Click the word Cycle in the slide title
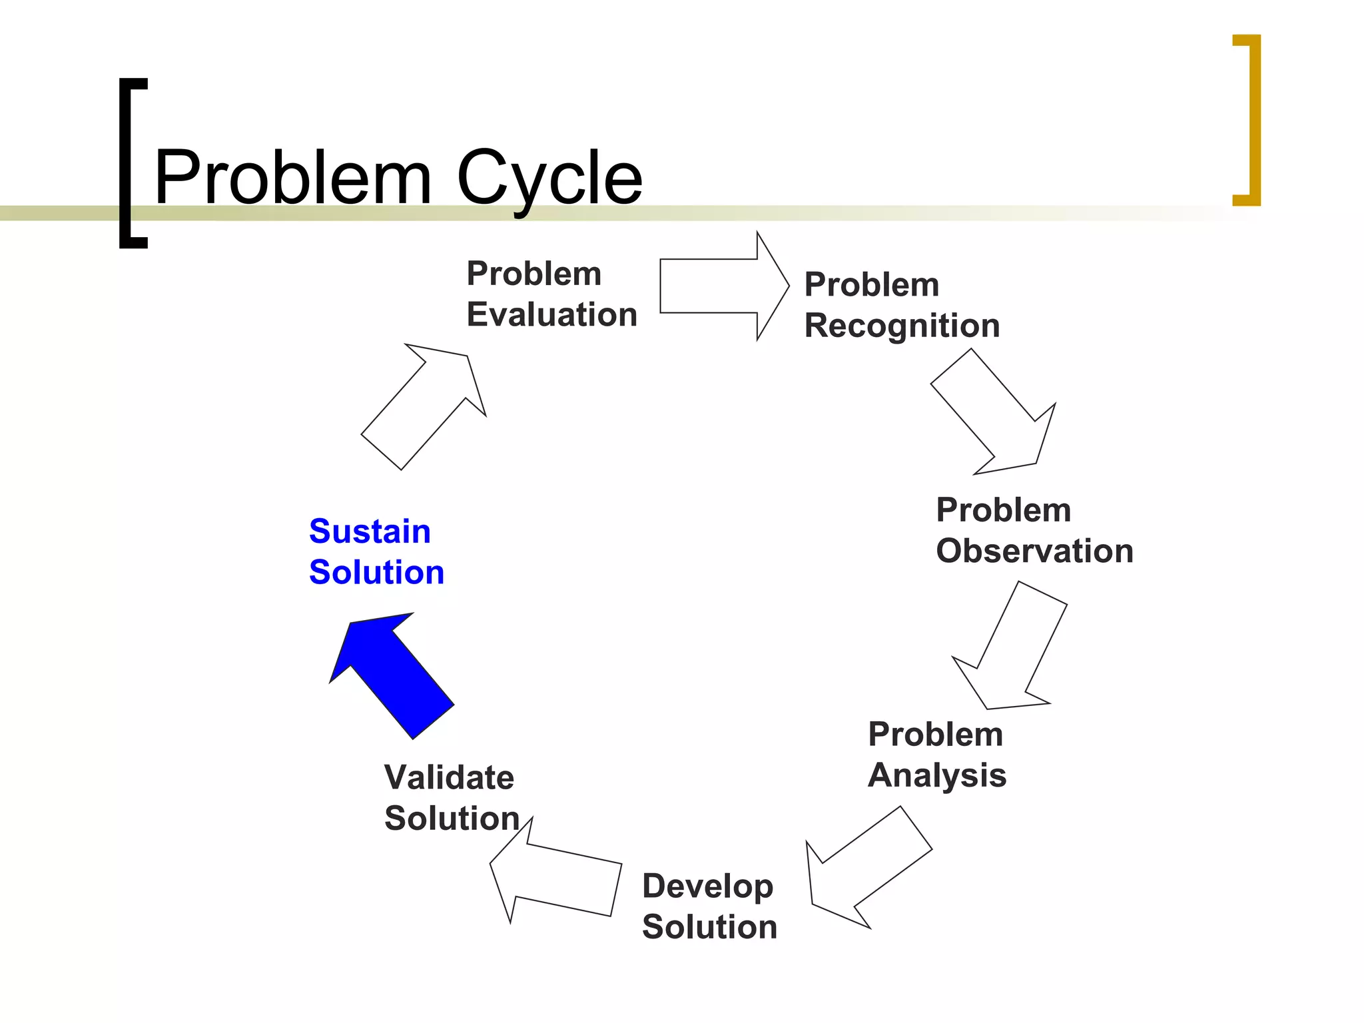pyautogui.click(x=549, y=178)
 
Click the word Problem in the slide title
pyautogui.click(x=293, y=178)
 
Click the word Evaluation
pyautogui.click(x=551, y=314)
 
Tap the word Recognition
pyautogui.click(x=902, y=326)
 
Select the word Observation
pyautogui.click(x=1034, y=551)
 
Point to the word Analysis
pyautogui.click(x=937, y=775)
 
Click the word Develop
pyautogui.click(x=707, y=886)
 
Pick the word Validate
pyautogui.click(x=449, y=777)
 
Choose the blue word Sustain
pyautogui.click(x=370, y=531)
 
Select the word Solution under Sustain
pyautogui.click(x=376, y=572)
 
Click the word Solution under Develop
pyautogui.click(x=709, y=927)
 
